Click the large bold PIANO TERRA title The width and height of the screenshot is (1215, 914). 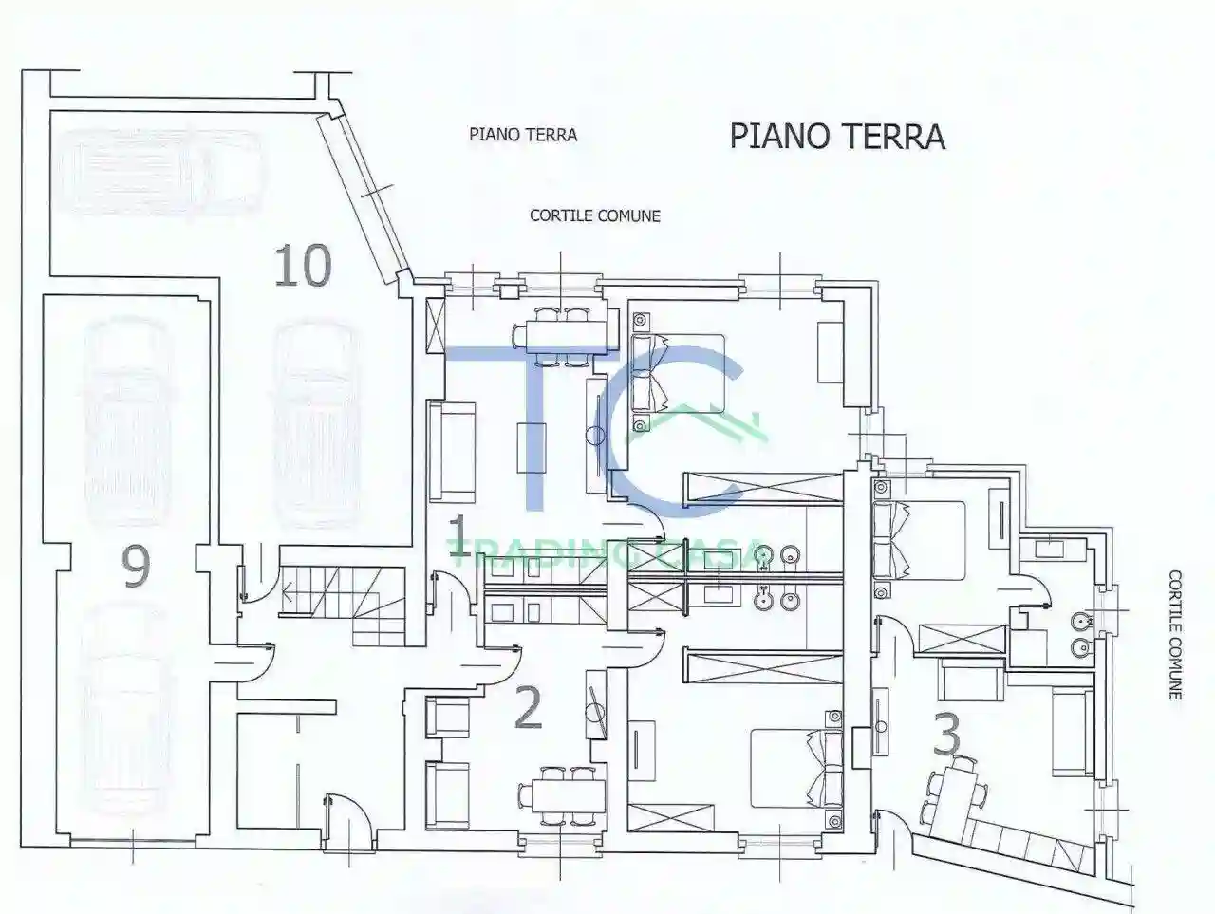[837, 136]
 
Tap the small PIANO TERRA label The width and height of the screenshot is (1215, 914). [523, 135]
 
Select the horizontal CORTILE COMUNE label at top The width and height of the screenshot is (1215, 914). [594, 215]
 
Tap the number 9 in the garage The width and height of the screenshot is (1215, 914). [136, 568]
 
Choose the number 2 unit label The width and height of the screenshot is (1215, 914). [528, 708]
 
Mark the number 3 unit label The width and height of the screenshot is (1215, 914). [948, 734]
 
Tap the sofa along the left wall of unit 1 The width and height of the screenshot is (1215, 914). [453, 451]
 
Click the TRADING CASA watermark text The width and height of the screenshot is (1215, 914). [607, 553]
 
